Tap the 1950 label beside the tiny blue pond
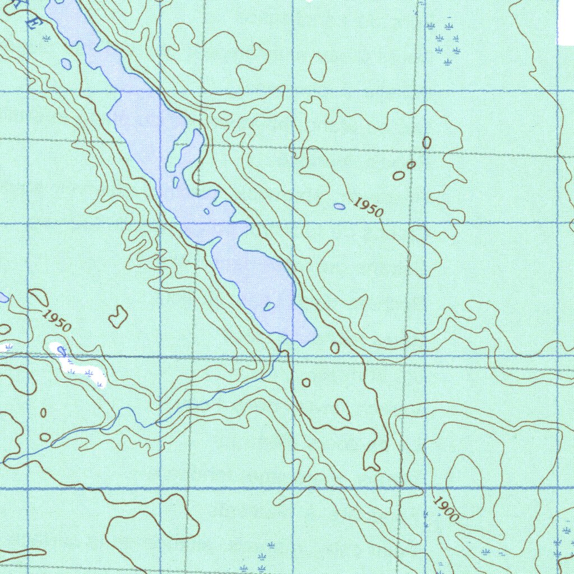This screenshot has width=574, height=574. [369, 208]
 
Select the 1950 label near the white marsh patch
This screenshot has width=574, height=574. [57, 320]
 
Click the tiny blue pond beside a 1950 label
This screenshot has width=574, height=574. [340, 206]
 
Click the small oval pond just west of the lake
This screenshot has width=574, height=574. [66, 64]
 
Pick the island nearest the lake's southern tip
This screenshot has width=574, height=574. [269, 307]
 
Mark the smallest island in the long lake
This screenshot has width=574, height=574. [206, 211]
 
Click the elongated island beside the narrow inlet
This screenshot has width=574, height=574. [176, 183]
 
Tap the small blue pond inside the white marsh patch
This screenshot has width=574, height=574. [62, 352]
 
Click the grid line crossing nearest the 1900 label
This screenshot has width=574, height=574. [425, 488]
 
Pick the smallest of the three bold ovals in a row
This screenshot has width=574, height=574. [411, 165]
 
